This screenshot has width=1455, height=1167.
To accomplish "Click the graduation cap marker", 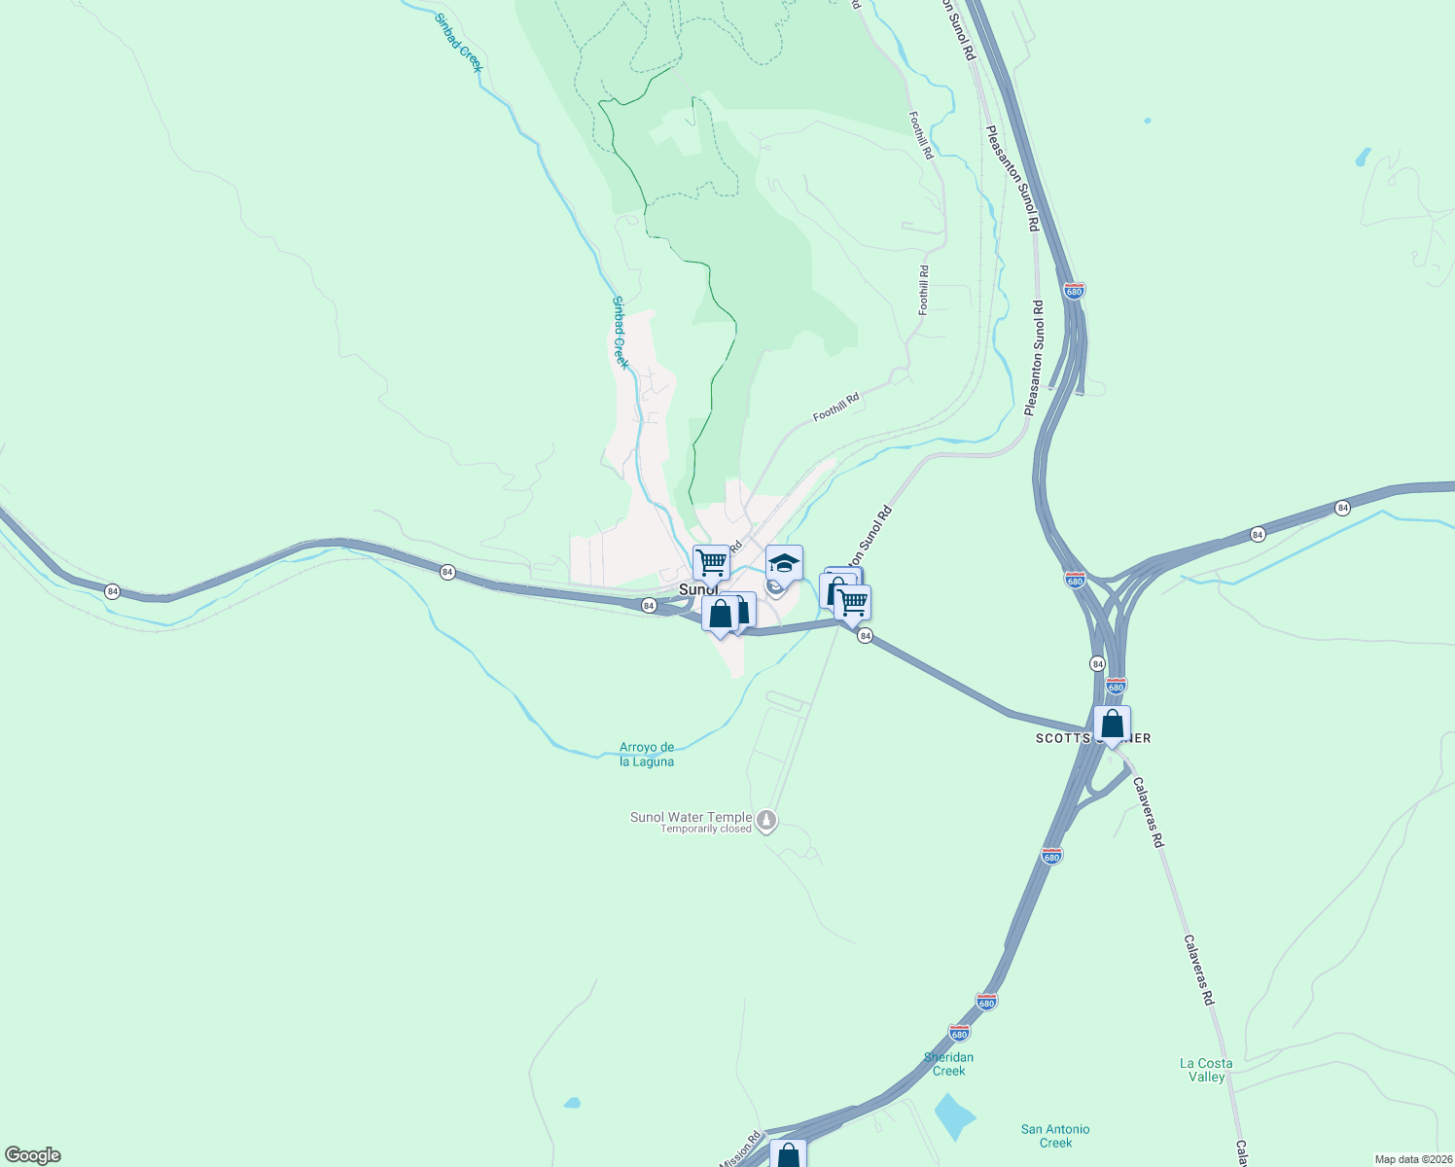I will [x=784, y=563].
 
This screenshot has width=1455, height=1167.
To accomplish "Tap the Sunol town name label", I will [x=697, y=589].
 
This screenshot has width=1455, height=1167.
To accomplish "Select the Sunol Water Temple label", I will [x=691, y=817].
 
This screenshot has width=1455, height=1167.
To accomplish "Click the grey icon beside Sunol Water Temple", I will [x=767, y=822].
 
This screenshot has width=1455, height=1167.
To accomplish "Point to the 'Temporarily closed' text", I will [x=706, y=830].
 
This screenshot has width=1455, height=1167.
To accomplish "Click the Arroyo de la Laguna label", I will [x=647, y=755].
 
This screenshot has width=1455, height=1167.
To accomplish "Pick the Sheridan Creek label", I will [x=948, y=1064].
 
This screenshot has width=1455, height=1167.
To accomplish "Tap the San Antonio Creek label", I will [x=1055, y=1136].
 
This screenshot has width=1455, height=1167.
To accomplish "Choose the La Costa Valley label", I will [x=1206, y=1070].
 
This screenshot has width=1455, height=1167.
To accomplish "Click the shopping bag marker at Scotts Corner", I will [x=1112, y=725].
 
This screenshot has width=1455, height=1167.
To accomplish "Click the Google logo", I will [x=32, y=1155].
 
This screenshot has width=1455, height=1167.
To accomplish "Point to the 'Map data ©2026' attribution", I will [x=1413, y=1159].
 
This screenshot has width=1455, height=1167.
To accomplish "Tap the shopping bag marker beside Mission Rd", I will [x=788, y=1156].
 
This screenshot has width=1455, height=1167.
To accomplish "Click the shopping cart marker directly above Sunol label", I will [x=711, y=562].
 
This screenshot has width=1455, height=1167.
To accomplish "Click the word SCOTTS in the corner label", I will [x=1063, y=738].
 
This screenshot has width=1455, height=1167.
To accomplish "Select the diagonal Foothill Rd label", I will [x=836, y=407].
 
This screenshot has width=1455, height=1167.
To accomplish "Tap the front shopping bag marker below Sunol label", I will [x=720, y=615].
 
